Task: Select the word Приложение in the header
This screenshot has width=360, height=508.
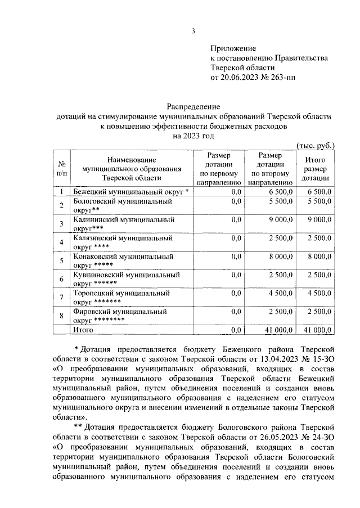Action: pos(233,48)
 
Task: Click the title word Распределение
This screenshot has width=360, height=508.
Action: pos(194,106)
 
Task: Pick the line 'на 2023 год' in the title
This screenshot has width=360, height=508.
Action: pos(194,135)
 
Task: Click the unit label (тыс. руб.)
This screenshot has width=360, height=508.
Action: pos(316,145)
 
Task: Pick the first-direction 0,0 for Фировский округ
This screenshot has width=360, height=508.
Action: pos(236,311)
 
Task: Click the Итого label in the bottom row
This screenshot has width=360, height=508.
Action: pos(84,329)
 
